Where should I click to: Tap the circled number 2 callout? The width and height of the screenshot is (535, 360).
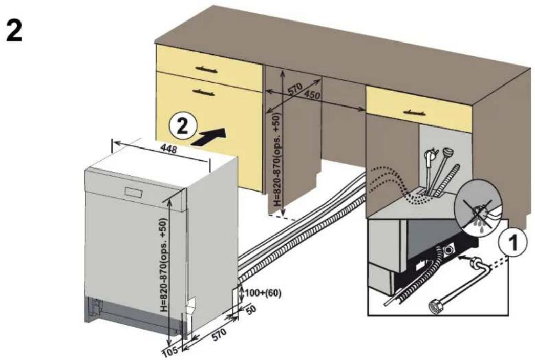[x=183, y=126]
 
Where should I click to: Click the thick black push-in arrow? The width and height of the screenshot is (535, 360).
[x=209, y=137]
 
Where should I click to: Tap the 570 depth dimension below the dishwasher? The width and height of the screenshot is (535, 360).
[x=219, y=334]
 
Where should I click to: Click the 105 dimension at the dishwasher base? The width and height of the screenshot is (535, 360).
[x=170, y=351]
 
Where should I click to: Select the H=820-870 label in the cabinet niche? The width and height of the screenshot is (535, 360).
[x=278, y=159]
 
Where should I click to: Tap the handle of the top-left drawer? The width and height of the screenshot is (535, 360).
[x=206, y=69]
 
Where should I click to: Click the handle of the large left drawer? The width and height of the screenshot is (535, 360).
[x=204, y=92]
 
